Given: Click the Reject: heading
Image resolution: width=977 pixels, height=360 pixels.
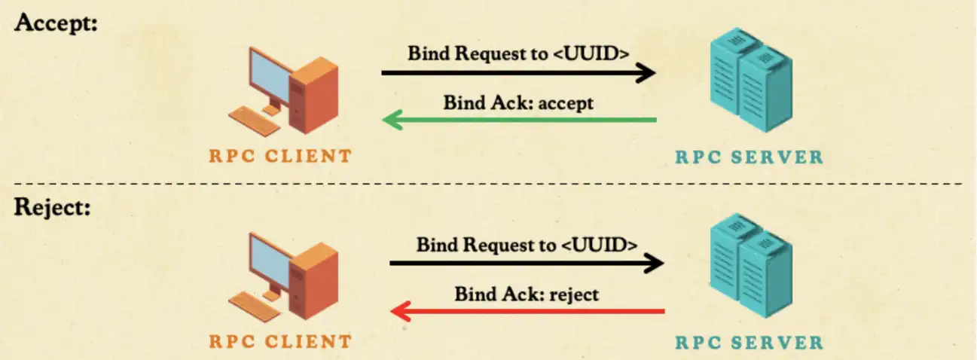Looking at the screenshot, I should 52,206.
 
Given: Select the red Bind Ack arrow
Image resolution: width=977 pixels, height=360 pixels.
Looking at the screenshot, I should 527,311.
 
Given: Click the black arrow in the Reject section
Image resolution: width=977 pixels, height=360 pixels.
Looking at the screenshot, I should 527,264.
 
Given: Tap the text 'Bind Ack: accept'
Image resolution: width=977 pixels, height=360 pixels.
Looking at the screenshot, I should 518,102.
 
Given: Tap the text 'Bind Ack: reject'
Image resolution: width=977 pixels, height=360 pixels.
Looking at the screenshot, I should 527,294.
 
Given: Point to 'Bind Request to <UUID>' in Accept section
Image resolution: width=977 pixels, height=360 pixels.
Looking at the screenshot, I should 518,53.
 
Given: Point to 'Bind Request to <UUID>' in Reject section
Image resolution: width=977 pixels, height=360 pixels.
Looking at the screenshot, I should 527,245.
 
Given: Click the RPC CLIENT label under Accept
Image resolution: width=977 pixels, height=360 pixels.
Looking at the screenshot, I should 280,157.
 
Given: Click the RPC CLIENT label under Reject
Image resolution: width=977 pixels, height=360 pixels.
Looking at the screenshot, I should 280,342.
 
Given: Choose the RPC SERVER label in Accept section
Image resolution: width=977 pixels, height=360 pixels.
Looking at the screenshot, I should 749,157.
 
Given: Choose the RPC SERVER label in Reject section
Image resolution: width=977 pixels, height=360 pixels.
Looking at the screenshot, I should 749,343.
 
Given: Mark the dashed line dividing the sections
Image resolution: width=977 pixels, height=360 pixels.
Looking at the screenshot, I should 488,184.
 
